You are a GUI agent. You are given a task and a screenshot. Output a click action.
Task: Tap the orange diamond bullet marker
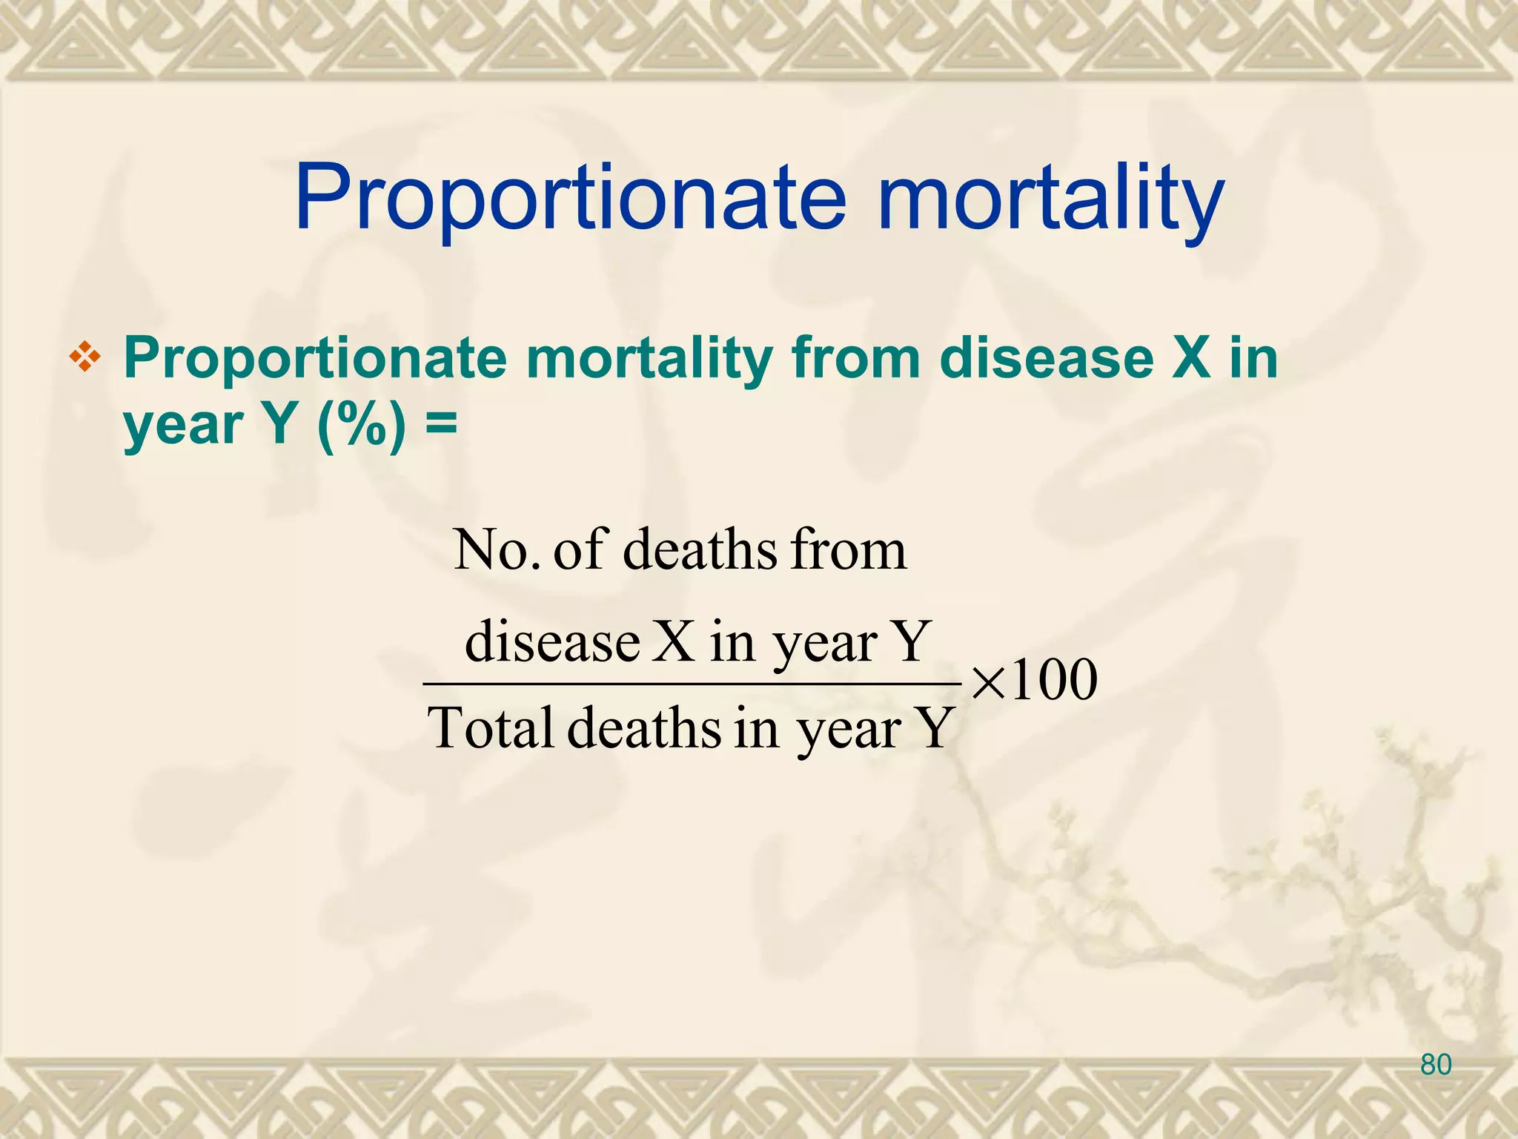coord(85,358)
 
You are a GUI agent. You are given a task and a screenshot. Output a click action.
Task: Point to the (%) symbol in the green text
coord(361,424)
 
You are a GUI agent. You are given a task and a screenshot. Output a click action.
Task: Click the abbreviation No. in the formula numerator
coord(496,549)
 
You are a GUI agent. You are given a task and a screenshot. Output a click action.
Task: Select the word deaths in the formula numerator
coord(700,549)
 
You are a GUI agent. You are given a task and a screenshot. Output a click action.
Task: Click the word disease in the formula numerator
coord(552,641)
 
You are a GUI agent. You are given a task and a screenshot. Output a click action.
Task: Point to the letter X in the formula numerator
coord(675,641)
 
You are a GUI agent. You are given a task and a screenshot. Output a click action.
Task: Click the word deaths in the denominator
coord(644,728)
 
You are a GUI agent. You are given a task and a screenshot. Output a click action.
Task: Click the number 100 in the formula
coord(1053,679)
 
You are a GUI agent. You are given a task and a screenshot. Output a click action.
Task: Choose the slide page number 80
coord(1436,1065)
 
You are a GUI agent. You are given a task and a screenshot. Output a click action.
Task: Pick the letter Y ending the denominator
coord(935,728)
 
